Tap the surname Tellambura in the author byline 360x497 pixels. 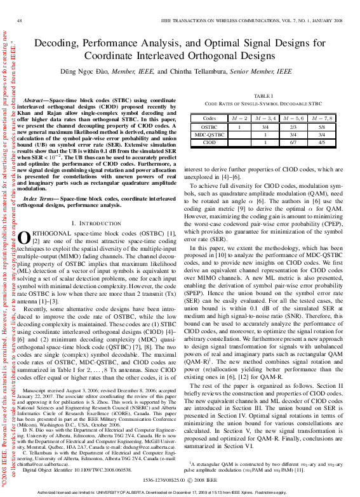click(x=194, y=72)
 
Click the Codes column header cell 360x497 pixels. click(x=209, y=118)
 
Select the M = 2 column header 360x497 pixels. click(x=239, y=118)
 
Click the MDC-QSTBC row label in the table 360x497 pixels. click(x=209, y=135)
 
